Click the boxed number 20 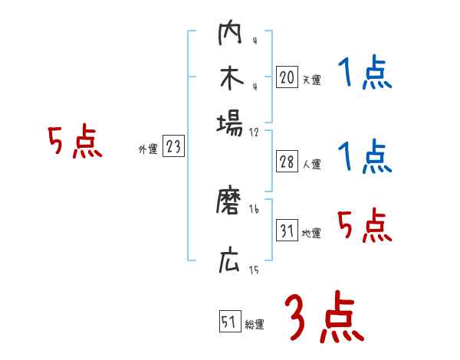287,77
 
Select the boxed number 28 287,162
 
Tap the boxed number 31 287,231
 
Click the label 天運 311,80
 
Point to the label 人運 311,164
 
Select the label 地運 311,233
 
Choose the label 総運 255,324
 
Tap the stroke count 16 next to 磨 254,209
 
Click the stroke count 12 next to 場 254,131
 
